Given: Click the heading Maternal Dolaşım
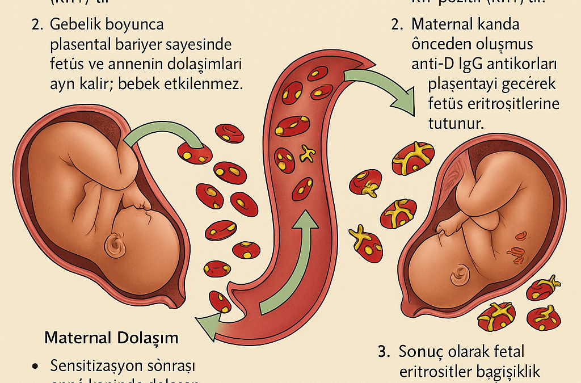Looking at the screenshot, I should click(x=111, y=338).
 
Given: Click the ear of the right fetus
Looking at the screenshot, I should click(x=458, y=276).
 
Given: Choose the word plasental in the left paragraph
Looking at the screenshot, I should click(x=83, y=45).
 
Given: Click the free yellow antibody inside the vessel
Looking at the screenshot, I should click(x=307, y=153).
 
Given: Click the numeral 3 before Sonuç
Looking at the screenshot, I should click(x=382, y=352).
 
